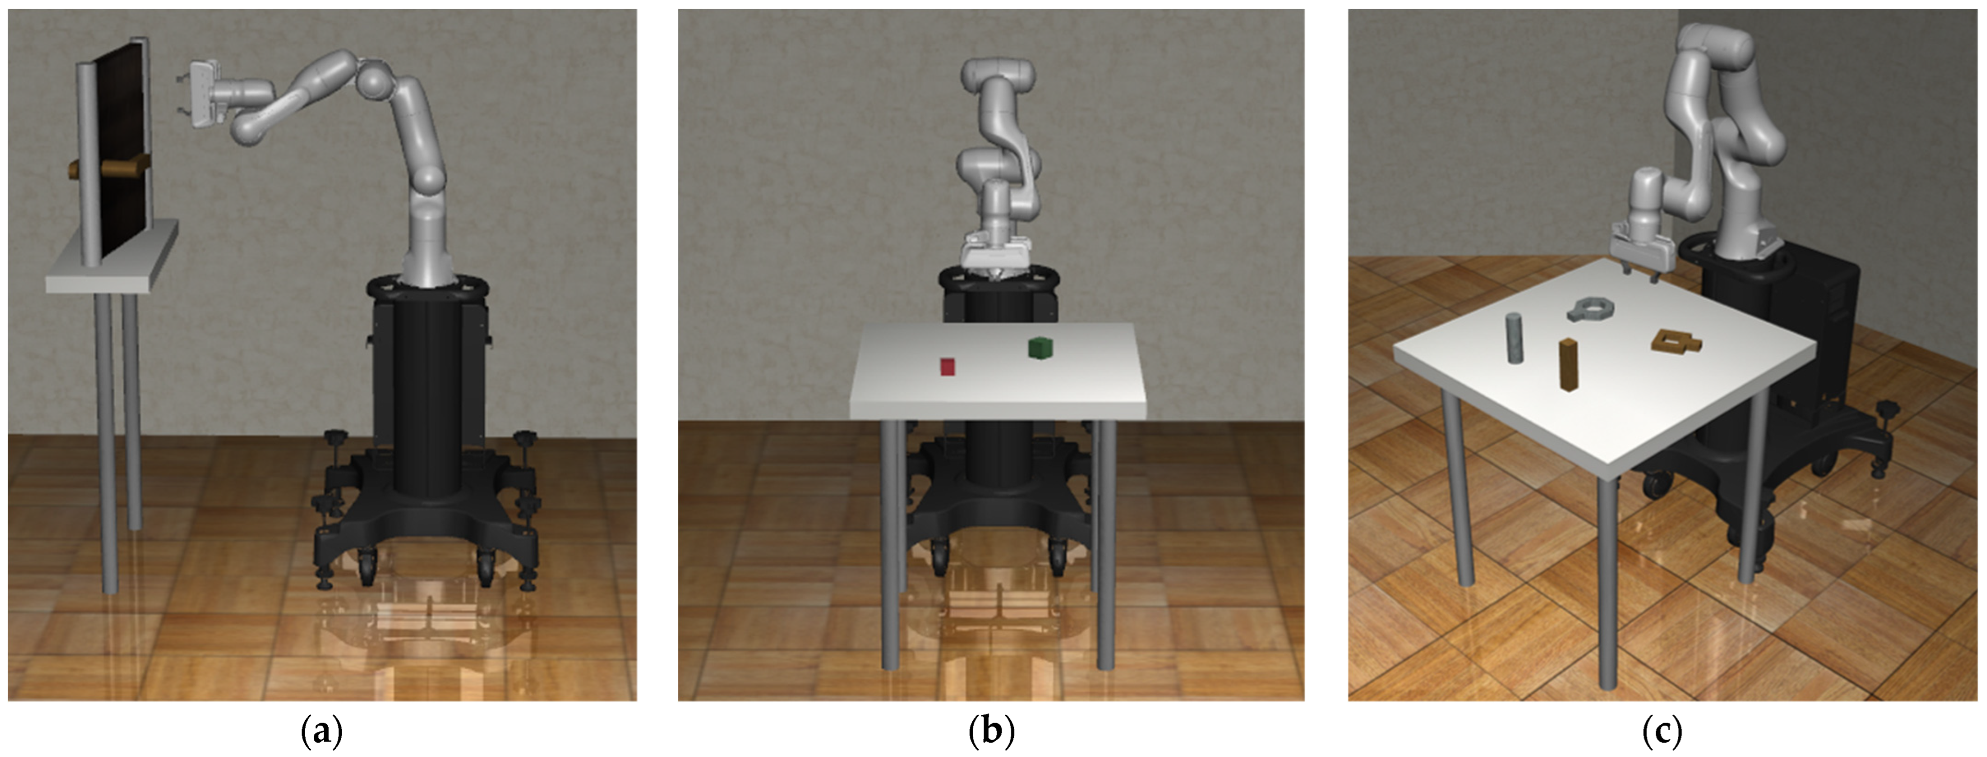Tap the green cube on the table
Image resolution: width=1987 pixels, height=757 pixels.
[1040, 347]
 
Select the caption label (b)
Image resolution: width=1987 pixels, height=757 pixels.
[991, 731]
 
